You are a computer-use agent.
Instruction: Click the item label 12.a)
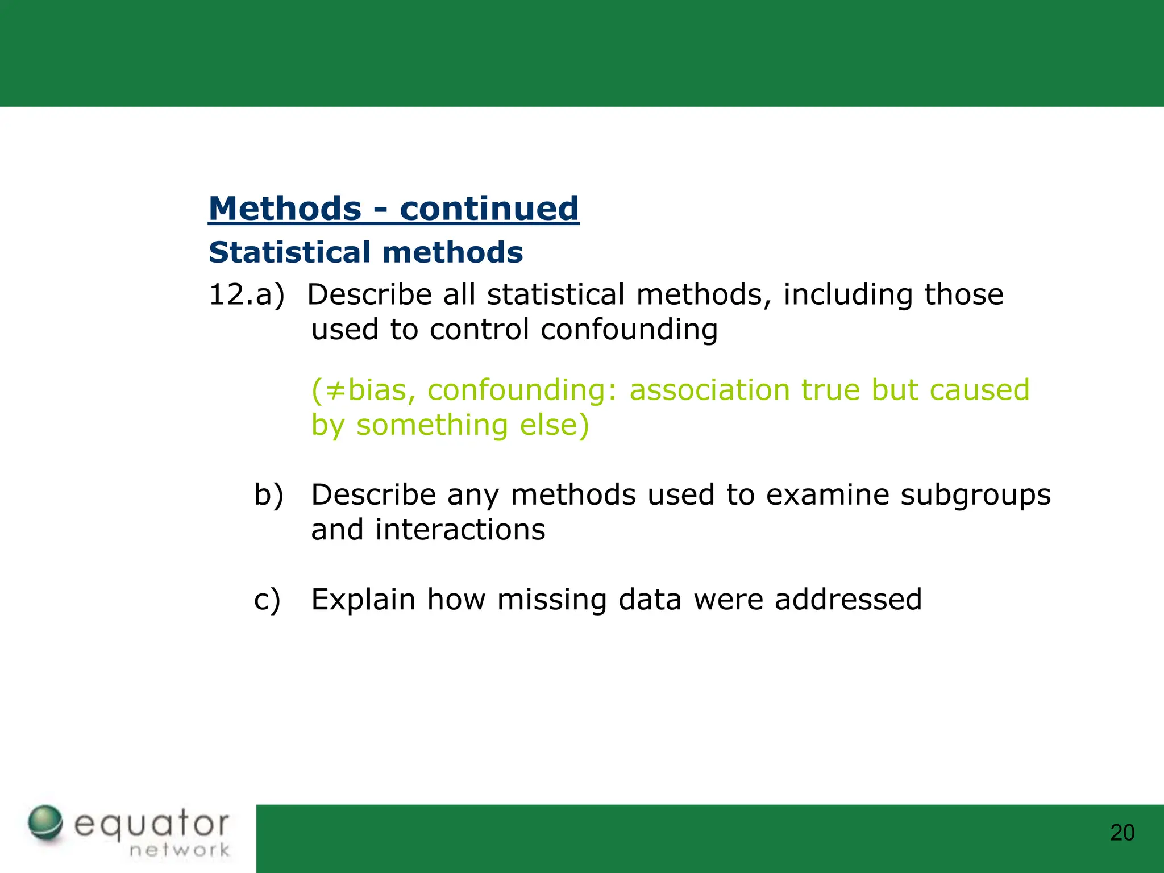click(246, 294)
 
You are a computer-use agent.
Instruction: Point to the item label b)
click(268, 494)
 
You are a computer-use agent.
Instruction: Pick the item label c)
click(267, 600)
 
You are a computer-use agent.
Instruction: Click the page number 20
click(1122, 833)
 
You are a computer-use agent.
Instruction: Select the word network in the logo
click(180, 850)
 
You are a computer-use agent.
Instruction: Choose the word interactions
click(460, 530)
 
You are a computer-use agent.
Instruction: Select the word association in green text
click(709, 390)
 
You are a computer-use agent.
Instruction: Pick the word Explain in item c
click(363, 600)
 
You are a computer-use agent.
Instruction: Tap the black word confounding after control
click(629, 330)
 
